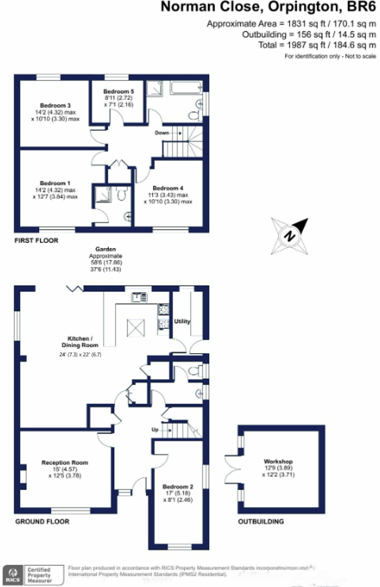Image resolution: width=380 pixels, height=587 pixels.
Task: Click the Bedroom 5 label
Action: tap(118, 91)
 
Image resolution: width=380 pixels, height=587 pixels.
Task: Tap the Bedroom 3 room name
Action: tap(55, 105)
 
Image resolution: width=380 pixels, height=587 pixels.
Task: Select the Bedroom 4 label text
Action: tap(168, 188)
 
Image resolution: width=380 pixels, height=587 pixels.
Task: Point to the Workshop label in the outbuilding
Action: tap(278, 461)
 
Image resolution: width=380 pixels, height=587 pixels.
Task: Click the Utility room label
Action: tap(182, 321)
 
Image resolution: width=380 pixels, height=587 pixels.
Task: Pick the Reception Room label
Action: tap(65, 463)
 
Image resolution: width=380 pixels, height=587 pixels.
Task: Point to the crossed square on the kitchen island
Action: tap(136, 328)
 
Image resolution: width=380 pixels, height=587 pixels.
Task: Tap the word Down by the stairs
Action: tap(162, 133)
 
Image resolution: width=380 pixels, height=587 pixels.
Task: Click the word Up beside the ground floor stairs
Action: tap(155, 430)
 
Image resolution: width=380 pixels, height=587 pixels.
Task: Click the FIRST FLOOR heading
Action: tap(36, 240)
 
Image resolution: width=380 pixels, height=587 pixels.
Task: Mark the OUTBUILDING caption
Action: tap(261, 522)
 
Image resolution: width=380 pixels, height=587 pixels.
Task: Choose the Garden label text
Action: tap(106, 249)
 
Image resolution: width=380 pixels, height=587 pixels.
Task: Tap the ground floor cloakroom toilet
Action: tap(194, 371)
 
